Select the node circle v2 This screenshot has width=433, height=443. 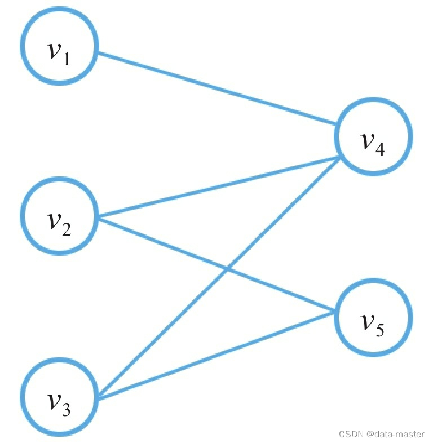(59, 215)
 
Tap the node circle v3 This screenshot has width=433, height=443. (59, 397)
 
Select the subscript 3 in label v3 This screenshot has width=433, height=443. (67, 410)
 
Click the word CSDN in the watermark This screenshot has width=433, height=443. (350, 434)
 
